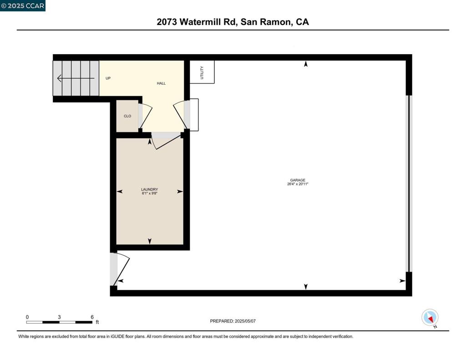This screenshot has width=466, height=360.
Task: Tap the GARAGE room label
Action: pos(298,180)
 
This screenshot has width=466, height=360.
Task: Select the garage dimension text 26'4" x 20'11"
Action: pos(298,184)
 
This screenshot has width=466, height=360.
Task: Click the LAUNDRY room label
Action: pos(149,189)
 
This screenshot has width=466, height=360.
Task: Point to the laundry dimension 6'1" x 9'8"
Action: pos(149,193)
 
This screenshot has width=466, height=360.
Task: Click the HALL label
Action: pos(161,83)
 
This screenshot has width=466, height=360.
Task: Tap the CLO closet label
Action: pos(127,116)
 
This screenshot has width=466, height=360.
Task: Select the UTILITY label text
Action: pos(202,73)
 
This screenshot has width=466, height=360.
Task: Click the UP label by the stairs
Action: pos(108,78)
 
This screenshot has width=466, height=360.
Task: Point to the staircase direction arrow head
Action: pos(60,78)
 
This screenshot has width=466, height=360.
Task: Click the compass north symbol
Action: pos(430,317)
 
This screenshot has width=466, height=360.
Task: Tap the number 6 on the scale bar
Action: pos(92,317)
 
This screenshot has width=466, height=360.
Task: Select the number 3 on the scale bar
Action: pos(59,317)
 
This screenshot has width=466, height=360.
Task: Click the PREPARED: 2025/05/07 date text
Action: pos(233,321)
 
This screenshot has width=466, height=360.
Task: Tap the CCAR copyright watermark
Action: pos(23,5)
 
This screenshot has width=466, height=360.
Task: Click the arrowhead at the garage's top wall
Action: pos(306,64)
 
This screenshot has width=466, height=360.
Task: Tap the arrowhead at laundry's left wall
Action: pos(120,192)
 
